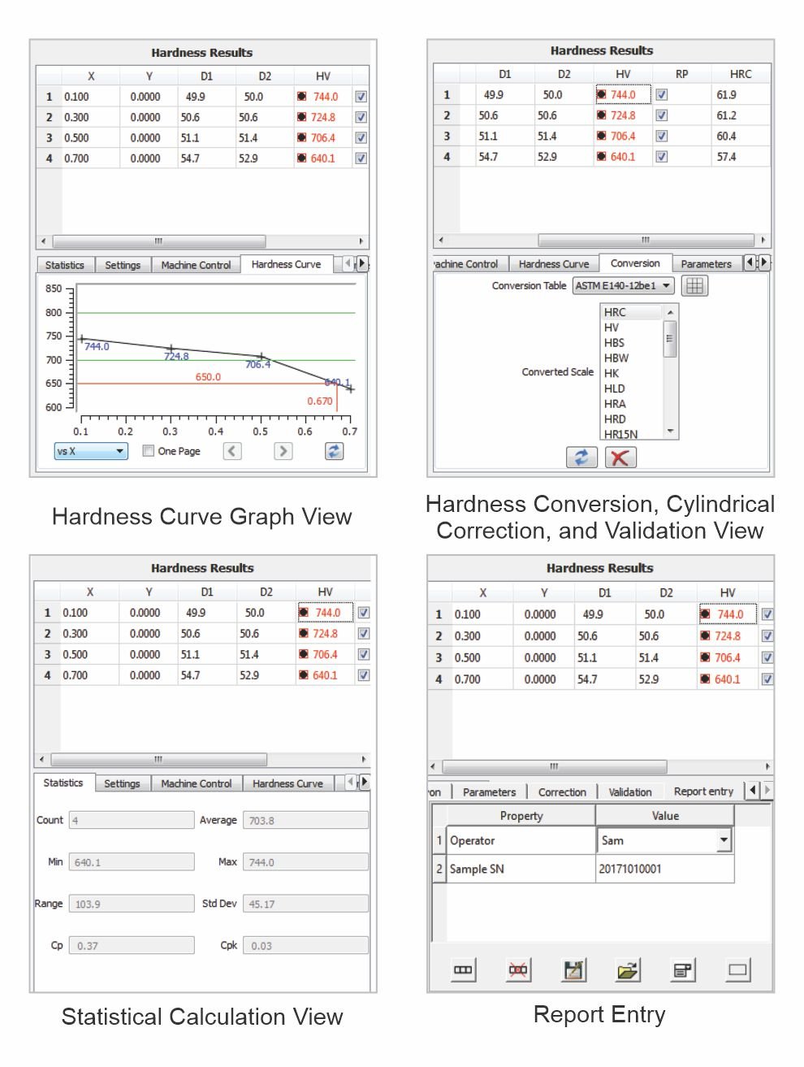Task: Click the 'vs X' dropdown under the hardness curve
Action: click(x=91, y=451)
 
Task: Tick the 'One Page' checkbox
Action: click(x=148, y=451)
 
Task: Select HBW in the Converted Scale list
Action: click(x=616, y=358)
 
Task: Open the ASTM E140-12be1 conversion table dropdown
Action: click(x=623, y=285)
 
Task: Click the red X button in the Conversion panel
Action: click(x=620, y=457)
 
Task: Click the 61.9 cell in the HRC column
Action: click(x=726, y=94)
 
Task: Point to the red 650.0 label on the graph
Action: click(x=208, y=377)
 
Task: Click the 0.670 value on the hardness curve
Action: click(x=320, y=401)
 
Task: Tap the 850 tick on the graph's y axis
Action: click(x=54, y=288)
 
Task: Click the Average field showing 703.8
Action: click(x=305, y=821)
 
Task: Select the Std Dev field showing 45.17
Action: click(x=305, y=904)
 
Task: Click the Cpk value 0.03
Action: click(x=305, y=945)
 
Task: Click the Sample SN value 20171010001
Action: click(x=630, y=869)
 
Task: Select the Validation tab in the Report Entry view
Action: click(x=630, y=792)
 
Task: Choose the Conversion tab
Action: click(x=635, y=263)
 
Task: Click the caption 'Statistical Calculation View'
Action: click(x=202, y=1017)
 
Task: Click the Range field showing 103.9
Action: click(x=132, y=904)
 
